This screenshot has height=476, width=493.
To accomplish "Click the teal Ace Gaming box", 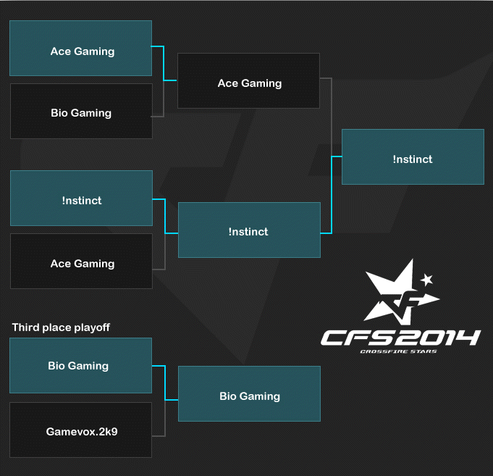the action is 81,48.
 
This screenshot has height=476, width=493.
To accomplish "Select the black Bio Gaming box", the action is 81,111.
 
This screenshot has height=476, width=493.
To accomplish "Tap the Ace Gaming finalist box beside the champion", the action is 249,81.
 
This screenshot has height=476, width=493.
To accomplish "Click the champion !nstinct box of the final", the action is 413,156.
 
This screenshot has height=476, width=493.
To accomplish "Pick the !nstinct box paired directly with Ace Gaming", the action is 81,199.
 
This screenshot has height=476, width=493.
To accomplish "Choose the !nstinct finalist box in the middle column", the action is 249,230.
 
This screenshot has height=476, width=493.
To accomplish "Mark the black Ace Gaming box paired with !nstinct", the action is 81,261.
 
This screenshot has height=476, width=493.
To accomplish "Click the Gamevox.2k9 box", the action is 81,430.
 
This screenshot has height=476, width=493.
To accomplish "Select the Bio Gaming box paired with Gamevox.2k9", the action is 81,366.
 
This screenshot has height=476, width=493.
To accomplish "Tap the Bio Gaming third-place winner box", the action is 249,393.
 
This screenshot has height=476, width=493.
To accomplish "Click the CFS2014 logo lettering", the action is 400,338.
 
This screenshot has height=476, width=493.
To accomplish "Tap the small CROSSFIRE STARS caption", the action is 398,351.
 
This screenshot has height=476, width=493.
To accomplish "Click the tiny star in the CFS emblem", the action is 426,280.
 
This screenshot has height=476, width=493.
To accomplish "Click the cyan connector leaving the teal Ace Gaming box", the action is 164,63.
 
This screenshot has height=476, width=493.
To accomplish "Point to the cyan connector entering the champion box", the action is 332,195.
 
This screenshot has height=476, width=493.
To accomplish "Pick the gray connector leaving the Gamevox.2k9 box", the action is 165,419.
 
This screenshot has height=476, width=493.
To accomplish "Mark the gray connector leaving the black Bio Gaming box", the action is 164,99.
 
